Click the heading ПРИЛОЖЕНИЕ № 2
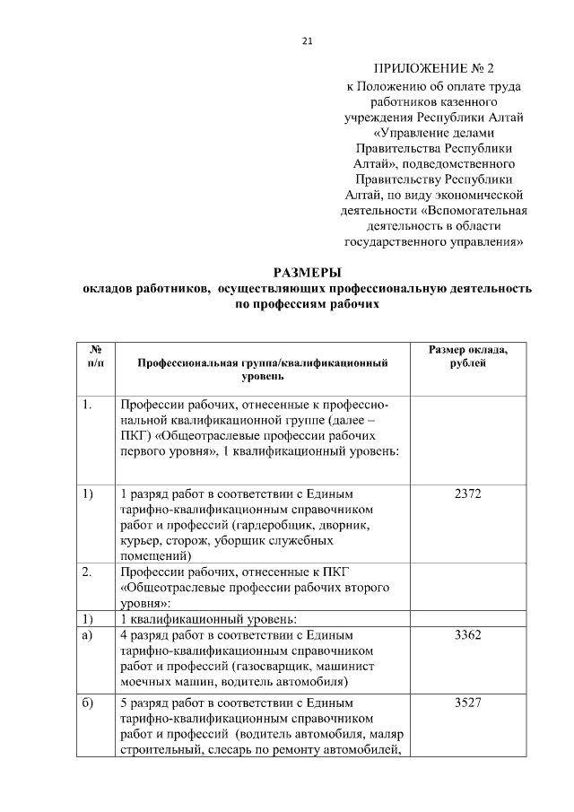coord(433,68)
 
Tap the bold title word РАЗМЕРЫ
coord(308,273)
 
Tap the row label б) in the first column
coord(88,703)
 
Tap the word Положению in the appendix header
coord(389,87)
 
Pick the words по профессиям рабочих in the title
coord(308,305)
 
